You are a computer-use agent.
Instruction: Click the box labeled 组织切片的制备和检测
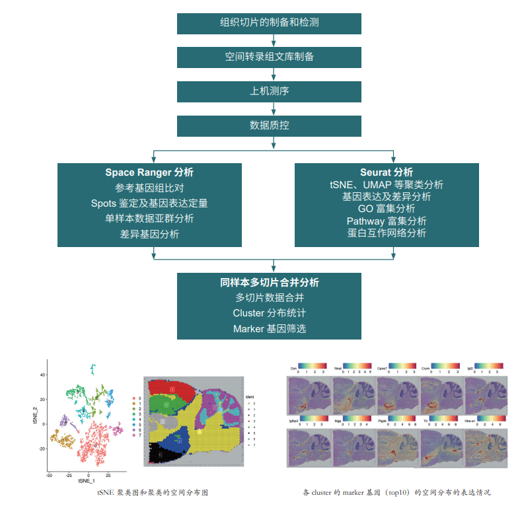point(270,22)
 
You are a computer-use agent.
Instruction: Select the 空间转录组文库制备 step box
point(270,57)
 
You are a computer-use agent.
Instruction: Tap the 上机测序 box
point(270,91)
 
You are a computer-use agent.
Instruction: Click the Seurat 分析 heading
point(387,172)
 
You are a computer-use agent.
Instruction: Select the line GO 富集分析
point(387,209)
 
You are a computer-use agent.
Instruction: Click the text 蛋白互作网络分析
point(387,233)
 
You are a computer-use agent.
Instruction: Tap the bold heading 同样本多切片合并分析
point(270,282)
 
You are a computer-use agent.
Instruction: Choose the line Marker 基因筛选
point(270,328)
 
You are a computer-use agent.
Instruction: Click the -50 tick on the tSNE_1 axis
point(49,474)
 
